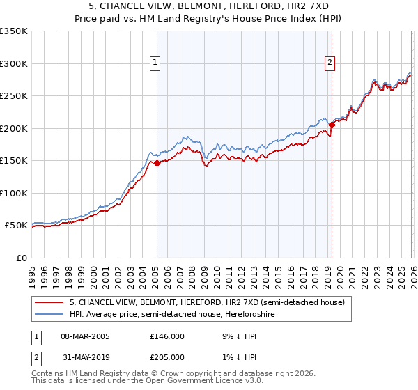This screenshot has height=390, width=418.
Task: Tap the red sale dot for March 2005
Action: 157,164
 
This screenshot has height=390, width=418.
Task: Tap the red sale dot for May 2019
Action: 332,125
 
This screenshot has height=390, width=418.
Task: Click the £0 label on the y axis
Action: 22,258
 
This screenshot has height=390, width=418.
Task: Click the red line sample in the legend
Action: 50,303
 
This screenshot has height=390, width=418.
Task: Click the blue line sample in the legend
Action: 50,315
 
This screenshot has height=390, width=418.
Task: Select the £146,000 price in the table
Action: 167,336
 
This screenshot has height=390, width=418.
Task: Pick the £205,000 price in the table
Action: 167,357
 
